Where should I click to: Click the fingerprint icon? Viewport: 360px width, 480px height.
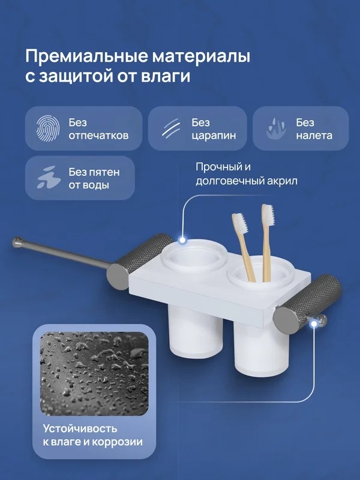[x=48, y=128]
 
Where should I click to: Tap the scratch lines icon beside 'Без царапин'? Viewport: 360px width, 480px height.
[x=171, y=128]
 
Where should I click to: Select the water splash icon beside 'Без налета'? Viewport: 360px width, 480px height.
[x=276, y=128]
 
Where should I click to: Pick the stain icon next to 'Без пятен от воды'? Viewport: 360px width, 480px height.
[x=49, y=178]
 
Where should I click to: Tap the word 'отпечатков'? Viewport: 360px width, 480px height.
[x=98, y=136]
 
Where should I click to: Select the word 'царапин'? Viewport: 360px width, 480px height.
[x=214, y=136]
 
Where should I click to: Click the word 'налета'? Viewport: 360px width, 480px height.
[x=314, y=136]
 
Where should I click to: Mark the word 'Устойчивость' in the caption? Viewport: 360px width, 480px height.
[x=80, y=428]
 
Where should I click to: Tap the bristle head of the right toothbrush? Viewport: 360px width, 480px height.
[x=268, y=214]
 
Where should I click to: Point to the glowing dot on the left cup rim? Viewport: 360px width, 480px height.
[x=183, y=240]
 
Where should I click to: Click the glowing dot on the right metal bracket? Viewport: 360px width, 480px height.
[x=313, y=323]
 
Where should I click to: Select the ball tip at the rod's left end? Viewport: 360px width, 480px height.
[x=17, y=242]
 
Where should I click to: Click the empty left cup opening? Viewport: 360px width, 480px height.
[x=194, y=256]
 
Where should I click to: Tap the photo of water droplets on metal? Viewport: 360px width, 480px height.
[x=94, y=373]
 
